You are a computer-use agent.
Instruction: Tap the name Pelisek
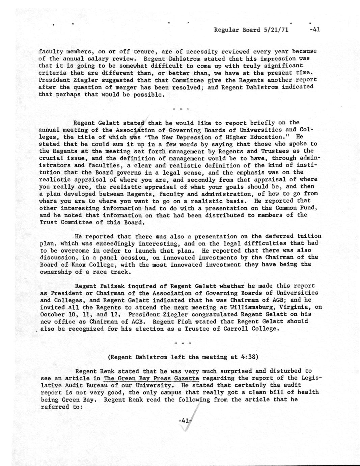coord(115,286)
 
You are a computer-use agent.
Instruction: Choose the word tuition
coord(309,236)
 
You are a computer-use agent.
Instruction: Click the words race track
coord(113,272)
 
